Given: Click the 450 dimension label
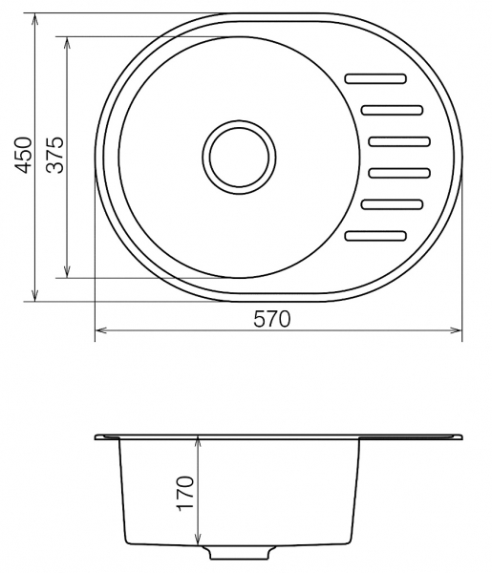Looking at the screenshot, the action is [x=22, y=155].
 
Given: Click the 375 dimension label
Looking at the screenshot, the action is [x=55, y=155].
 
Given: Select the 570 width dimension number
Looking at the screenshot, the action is [x=272, y=319].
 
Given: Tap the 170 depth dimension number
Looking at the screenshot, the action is [x=184, y=493].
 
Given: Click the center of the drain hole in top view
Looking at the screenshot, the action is [x=239, y=158].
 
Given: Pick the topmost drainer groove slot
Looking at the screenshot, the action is [x=375, y=78].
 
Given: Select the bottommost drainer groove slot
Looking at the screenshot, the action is [x=375, y=236].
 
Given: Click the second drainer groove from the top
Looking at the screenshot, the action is [x=393, y=110].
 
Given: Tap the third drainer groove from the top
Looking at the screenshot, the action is [x=399, y=141].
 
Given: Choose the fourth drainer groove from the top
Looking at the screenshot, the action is [x=399, y=173].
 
